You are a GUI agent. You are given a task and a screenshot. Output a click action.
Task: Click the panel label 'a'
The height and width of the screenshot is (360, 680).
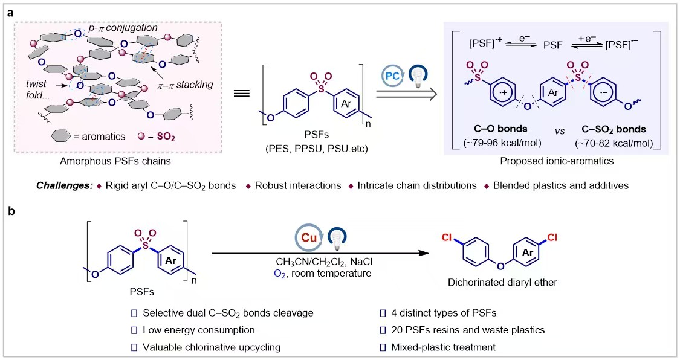[10, 13]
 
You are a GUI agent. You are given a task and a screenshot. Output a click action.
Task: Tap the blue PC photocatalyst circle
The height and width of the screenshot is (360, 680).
[392, 77]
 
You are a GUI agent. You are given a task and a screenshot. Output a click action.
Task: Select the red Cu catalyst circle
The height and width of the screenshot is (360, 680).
[309, 237]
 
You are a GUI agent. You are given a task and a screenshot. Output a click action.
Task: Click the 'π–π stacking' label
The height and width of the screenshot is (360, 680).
[185, 85]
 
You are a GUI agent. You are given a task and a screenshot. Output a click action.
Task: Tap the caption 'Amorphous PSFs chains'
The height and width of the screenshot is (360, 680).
[115, 161]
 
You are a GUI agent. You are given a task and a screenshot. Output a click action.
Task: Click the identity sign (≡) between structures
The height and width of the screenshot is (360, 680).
[242, 94]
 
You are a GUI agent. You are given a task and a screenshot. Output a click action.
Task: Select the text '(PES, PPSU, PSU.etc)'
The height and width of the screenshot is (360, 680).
[317, 149]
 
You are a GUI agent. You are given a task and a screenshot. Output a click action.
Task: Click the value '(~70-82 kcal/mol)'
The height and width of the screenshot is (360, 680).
[614, 143]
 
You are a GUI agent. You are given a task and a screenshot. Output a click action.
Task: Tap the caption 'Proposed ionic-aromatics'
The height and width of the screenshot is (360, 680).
[557, 161]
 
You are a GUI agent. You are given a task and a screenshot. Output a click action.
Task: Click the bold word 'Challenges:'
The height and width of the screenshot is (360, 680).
[64, 186]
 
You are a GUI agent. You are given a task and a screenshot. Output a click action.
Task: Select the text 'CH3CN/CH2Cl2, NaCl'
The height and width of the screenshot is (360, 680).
[323, 262]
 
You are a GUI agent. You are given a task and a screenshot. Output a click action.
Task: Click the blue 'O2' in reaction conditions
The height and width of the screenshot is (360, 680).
[280, 274]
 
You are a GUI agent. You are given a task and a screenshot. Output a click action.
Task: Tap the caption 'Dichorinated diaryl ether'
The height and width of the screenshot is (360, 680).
[502, 283]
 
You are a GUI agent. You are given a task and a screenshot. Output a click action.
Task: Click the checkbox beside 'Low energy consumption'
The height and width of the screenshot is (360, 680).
[134, 330]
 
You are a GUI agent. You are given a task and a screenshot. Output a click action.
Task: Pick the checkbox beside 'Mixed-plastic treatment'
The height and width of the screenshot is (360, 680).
[383, 347]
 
